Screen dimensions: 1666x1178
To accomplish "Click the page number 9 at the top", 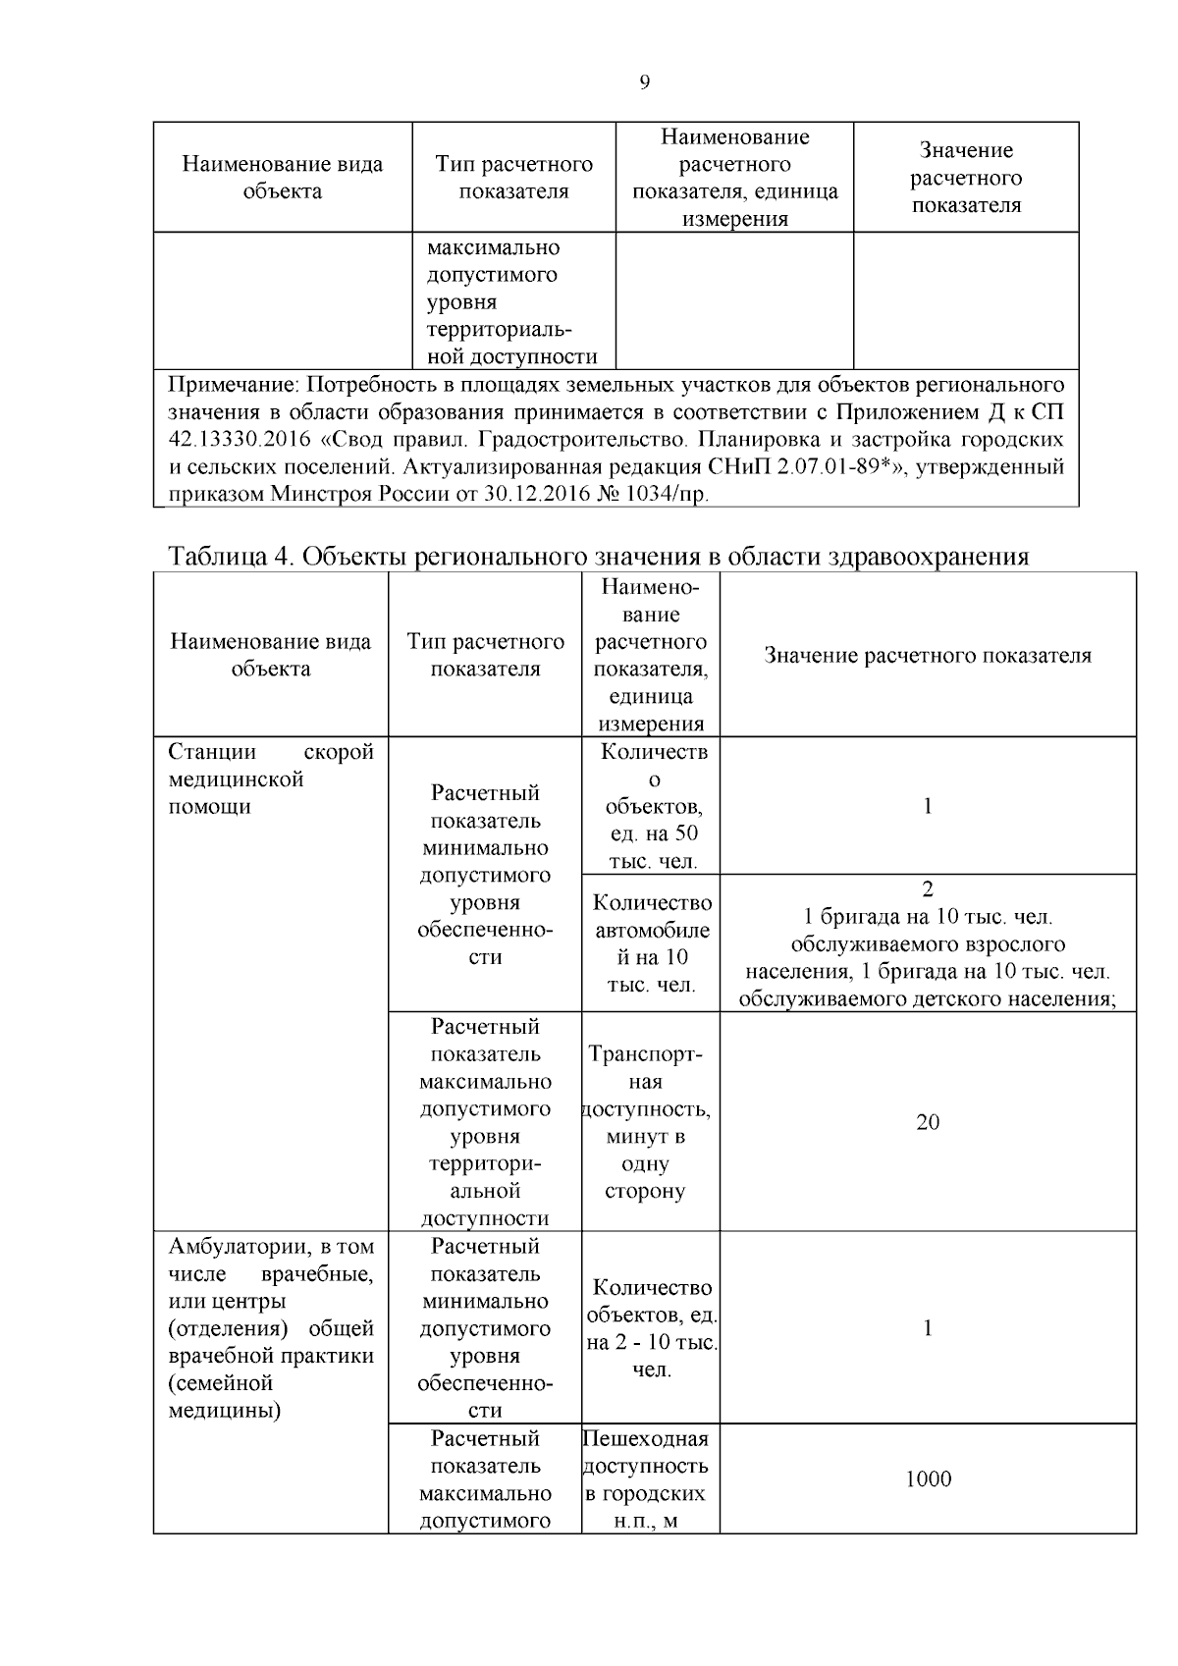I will [644, 82].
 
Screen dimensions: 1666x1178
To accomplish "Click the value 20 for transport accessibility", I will [927, 1121].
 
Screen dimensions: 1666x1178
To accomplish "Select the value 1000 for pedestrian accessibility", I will [928, 1478].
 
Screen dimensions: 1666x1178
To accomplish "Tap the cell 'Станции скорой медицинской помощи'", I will [271, 779].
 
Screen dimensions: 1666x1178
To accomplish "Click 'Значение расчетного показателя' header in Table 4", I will [927, 656].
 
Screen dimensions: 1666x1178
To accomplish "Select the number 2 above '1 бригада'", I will [927, 889].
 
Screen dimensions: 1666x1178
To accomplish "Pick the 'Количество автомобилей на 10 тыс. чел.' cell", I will [651, 942].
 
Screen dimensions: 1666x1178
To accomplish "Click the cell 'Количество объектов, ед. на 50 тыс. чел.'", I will [651, 807].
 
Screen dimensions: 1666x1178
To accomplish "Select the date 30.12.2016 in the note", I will [534, 494].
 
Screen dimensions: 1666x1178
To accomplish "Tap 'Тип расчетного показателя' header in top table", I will [513, 178].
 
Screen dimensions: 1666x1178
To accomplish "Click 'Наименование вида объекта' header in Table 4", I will [271, 656].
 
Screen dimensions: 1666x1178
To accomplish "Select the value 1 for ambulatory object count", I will [927, 1328].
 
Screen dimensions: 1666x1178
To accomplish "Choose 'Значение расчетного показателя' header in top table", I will [965, 178].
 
